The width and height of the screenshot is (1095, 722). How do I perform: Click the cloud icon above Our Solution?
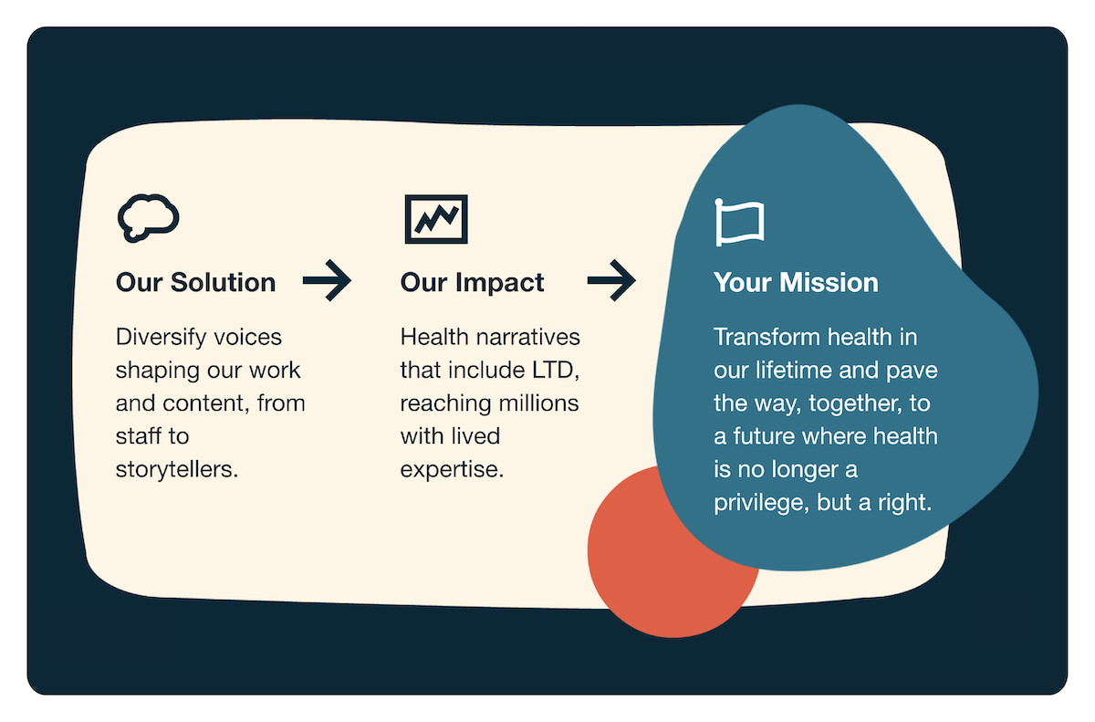pyautogui.click(x=148, y=218)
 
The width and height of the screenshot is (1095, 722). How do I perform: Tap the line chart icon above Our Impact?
pyautogui.click(x=436, y=219)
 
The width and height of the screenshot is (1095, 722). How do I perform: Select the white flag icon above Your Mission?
pyautogui.click(x=739, y=222)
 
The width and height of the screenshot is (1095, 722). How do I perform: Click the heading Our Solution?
pyautogui.click(x=195, y=283)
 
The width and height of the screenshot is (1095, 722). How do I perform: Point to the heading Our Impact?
pyautogui.click(x=472, y=283)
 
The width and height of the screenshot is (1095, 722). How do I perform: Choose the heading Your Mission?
pyautogui.click(x=796, y=283)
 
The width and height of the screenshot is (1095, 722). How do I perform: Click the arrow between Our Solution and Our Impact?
pyautogui.click(x=327, y=281)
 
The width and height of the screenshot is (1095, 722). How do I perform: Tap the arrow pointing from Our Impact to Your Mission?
pyautogui.click(x=611, y=281)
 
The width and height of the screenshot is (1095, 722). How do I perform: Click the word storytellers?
pyautogui.click(x=173, y=470)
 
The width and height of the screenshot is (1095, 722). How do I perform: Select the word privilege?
pyautogui.click(x=757, y=503)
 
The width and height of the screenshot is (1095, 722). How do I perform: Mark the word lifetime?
pyautogui.click(x=795, y=371)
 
